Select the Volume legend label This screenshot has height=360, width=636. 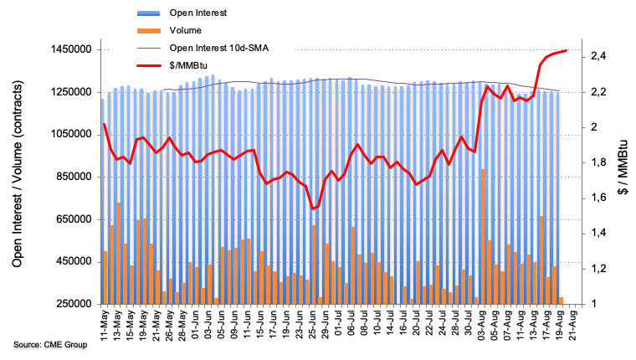187,30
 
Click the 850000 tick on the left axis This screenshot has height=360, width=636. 71,177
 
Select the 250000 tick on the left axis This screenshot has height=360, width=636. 71,304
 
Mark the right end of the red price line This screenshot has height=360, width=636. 567,50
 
